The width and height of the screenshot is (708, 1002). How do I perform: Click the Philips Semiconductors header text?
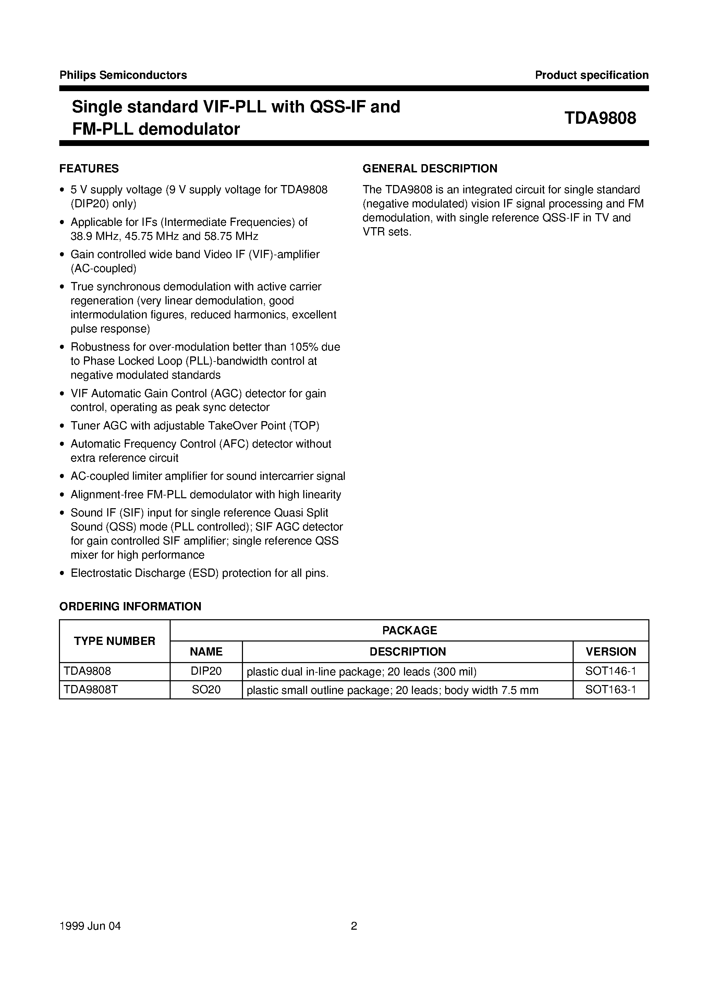tap(123, 75)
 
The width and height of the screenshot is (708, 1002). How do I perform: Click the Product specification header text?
tap(591, 75)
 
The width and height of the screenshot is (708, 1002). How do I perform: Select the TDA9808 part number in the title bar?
tap(600, 118)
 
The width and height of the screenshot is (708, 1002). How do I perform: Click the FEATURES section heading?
tap(89, 169)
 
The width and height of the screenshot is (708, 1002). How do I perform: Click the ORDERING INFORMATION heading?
tap(130, 606)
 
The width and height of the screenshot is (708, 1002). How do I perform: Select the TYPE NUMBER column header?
tap(114, 641)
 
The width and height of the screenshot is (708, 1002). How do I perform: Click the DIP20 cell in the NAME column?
tap(206, 671)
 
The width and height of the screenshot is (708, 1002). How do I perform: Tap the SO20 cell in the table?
tap(206, 689)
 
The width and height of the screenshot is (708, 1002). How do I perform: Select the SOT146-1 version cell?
tap(610, 671)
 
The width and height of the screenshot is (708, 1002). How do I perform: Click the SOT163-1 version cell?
tap(610, 689)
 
